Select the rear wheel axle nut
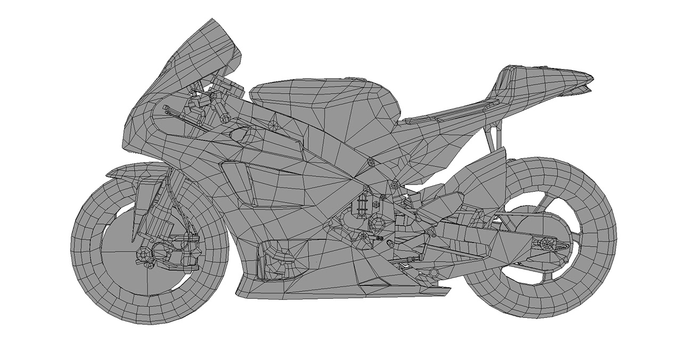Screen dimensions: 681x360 (x=545, y=245)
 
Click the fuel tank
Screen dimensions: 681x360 (x=325, y=101)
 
